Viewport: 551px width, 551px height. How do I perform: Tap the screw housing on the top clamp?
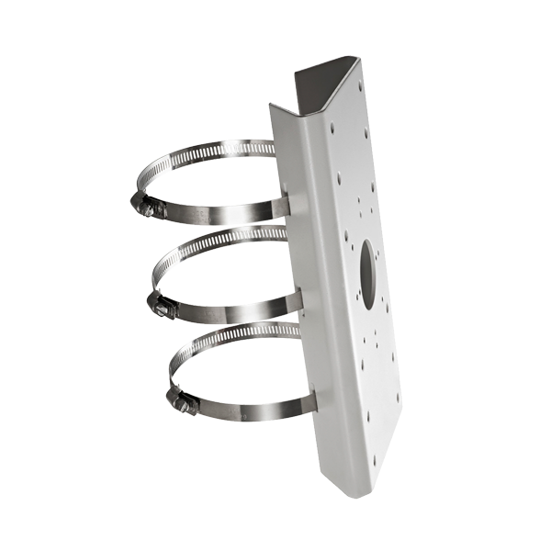pos(147,208)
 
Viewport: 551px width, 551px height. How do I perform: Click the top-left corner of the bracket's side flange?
pos(271,103)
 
